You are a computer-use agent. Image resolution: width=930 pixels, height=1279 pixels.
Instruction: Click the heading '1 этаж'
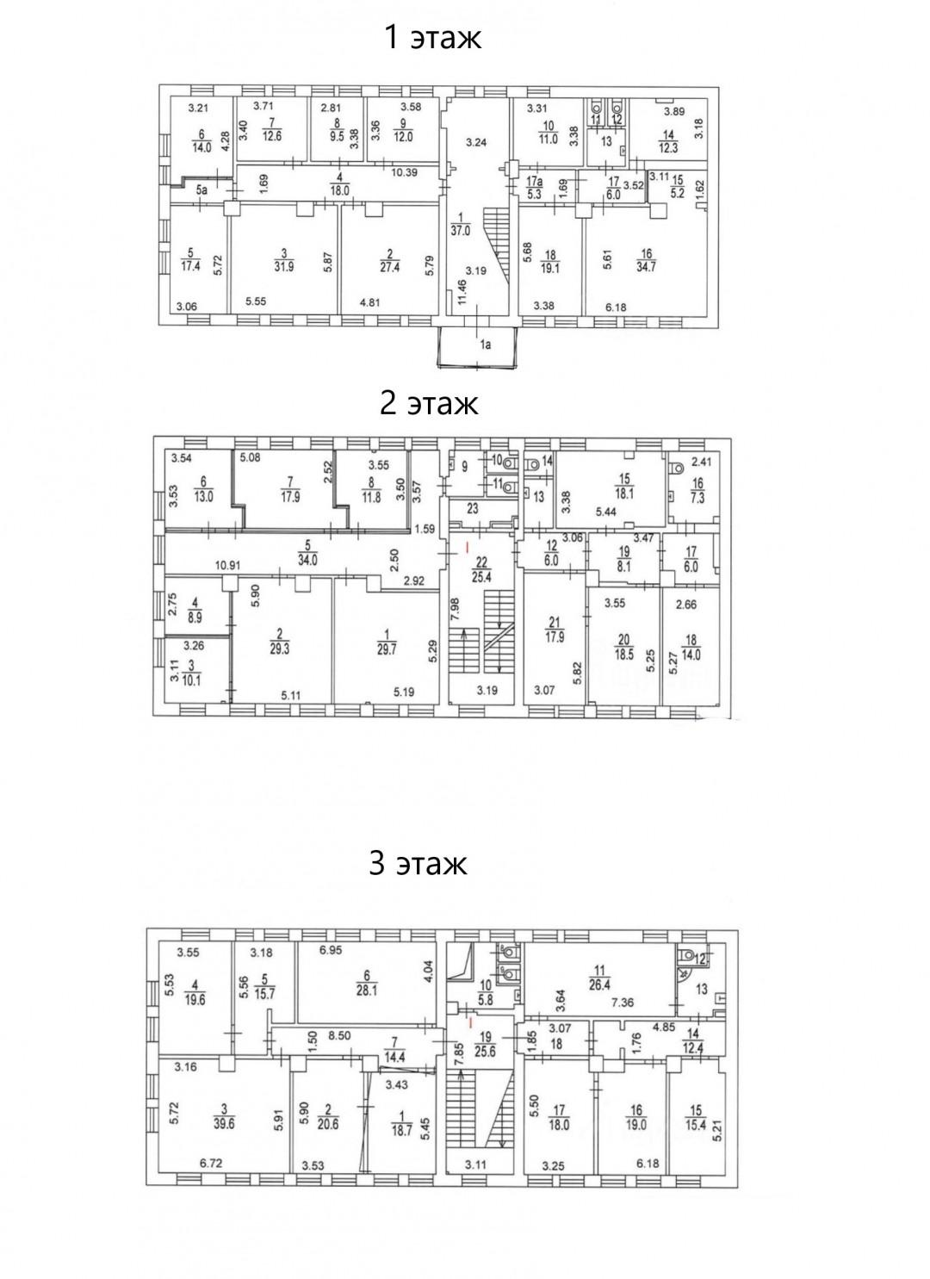(x=433, y=37)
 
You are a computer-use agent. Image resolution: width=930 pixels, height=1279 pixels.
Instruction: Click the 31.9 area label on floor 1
(x=284, y=267)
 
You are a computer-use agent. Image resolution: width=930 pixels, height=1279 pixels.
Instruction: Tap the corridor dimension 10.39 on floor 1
(x=404, y=172)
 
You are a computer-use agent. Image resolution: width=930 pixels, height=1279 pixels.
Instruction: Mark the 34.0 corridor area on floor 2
(x=307, y=562)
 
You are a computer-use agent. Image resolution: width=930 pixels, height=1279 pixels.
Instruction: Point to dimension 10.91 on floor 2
(x=228, y=566)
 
